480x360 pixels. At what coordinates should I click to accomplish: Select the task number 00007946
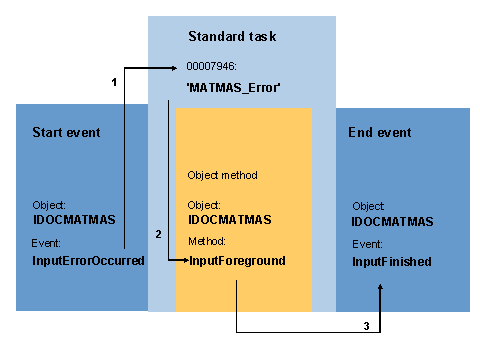(x=212, y=67)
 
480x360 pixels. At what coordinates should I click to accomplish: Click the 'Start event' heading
(x=66, y=132)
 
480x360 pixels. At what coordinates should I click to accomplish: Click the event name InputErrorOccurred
(x=88, y=260)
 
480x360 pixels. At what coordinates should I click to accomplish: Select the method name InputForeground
(x=237, y=260)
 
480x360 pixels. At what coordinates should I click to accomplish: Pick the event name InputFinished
(x=391, y=261)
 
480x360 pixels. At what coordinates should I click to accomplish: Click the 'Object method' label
(x=222, y=175)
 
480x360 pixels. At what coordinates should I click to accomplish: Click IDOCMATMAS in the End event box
(x=393, y=222)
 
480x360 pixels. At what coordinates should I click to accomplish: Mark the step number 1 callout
(x=115, y=82)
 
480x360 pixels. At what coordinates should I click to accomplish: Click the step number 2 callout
(x=157, y=234)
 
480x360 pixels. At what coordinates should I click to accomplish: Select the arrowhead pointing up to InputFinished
(x=380, y=289)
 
